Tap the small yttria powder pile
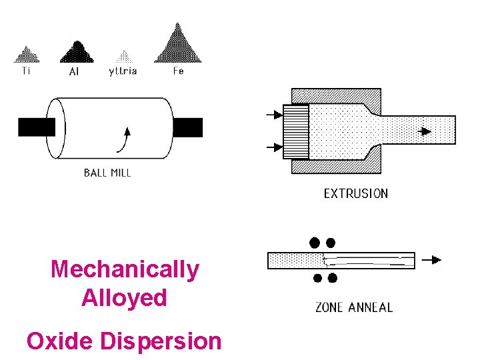[122, 57]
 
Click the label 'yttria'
[123, 71]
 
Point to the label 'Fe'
[178, 71]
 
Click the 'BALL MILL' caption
[107, 173]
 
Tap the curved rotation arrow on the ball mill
[123, 139]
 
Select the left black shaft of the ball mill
[36, 127]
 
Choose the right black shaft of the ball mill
[187, 127]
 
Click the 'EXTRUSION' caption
[355, 194]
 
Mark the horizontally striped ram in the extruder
[296, 132]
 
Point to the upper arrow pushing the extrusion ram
[274, 115]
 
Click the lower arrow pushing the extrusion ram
[274, 146]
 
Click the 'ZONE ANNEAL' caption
[353, 307]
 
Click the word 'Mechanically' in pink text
[125, 269]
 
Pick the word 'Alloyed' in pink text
[124, 297]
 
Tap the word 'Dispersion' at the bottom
[161, 341]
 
